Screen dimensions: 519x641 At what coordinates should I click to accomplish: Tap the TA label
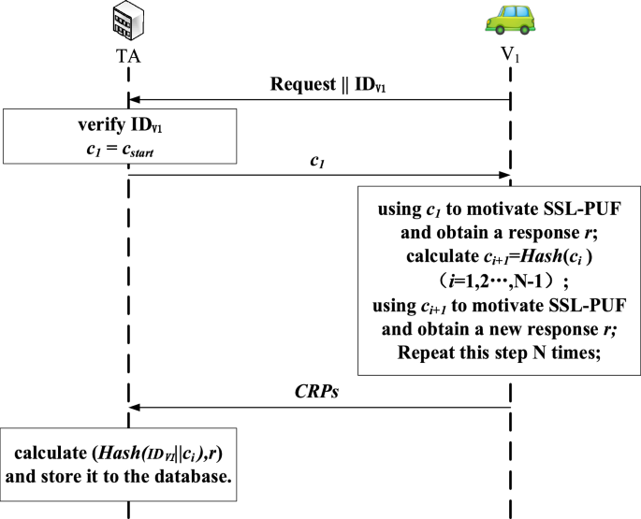pos(128,56)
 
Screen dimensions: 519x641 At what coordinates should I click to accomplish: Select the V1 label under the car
pos(509,56)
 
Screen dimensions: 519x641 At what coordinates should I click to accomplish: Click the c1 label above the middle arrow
pos(317,162)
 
